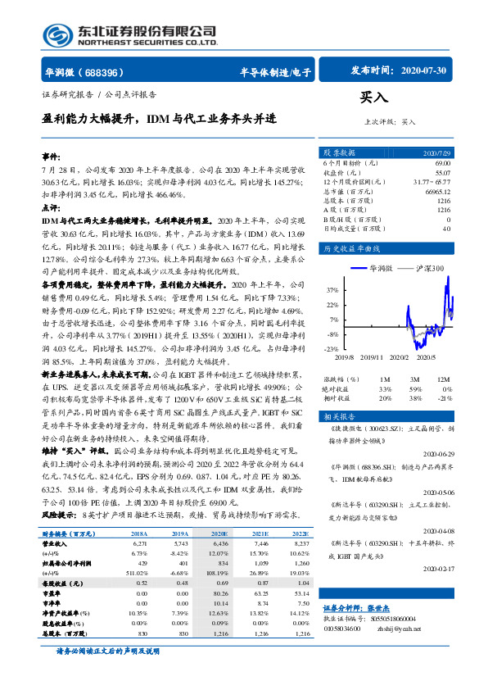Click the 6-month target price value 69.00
pyautogui.click(x=442, y=165)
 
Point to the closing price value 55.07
pyautogui.click(x=442, y=174)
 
